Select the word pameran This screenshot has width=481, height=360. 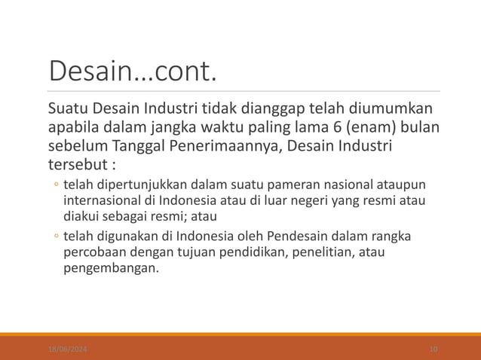[x=283, y=185]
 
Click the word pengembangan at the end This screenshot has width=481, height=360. [x=111, y=267]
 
